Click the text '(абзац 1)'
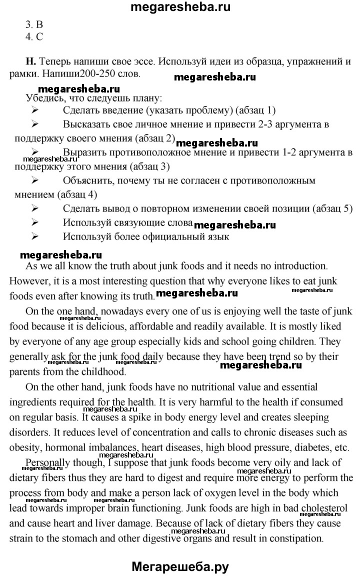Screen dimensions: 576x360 [255, 110]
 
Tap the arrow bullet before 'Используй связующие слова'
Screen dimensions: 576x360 [35, 222]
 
